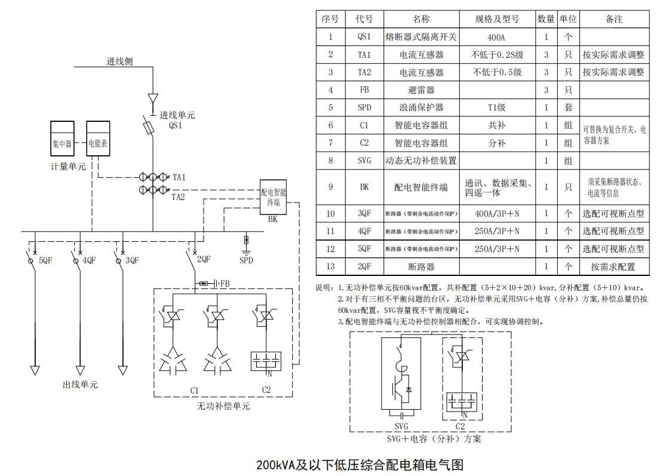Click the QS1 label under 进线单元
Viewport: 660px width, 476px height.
[x=175, y=126]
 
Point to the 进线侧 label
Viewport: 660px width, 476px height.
[x=120, y=62]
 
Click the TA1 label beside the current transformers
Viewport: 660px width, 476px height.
[x=179, y=178]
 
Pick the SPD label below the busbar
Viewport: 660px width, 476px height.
[x=246, y=260]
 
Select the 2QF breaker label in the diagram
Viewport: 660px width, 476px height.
[x=204, y=260]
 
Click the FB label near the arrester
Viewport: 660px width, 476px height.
[x=225, y=283]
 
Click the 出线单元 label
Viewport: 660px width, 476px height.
[x=80, y=385]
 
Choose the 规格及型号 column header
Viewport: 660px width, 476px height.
[x=497, y=19]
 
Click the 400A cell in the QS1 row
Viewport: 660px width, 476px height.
[x=497, y=37]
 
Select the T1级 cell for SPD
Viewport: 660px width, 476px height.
[x=497, y=108]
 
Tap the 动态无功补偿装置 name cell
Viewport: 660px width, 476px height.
[x=421, y=161]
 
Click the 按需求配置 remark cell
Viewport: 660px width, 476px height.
[x=613, y=267]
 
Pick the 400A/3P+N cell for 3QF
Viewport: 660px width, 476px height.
[x=497, y=213]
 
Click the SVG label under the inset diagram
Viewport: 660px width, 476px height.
[x=402, y=427]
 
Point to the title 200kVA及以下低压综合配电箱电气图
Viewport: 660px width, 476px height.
[x=360, y=465]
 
